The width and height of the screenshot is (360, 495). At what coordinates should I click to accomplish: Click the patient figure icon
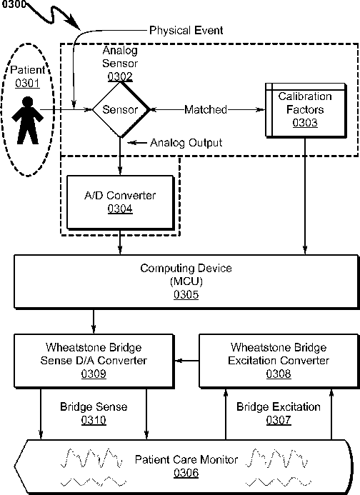click(27, 121)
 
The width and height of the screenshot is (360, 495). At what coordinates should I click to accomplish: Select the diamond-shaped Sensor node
click(120, 109)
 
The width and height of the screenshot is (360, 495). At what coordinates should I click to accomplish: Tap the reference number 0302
click(120, 76)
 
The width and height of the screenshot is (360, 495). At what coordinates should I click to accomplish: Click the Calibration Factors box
click(306, 110)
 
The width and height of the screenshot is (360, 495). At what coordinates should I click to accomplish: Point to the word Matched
click(206, 109)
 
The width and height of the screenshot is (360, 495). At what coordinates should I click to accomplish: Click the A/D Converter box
click(120, 202)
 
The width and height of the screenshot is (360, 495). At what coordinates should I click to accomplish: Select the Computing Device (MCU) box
click(186, 281)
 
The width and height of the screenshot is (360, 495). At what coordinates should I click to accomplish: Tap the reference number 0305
click(186, 294)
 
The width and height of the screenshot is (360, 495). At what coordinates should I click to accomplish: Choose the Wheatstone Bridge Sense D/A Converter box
click(94, 361)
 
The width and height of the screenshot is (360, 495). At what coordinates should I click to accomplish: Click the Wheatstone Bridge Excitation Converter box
click(279, 361)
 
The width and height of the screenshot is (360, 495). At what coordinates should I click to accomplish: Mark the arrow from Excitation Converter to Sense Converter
click(186, 361)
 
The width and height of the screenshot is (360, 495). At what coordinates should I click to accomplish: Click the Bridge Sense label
click(94, 406)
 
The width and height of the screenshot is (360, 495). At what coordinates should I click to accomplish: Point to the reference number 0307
click(279, 420)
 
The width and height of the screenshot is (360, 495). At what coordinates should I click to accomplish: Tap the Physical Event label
click(186, 30)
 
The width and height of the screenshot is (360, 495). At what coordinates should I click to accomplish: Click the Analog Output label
click(186, 143)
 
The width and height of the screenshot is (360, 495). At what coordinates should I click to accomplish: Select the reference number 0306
click(186, 473)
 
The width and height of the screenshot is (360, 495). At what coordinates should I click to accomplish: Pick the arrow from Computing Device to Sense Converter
click(94, 321)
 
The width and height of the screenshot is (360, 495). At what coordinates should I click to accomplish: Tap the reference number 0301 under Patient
click(27, 84)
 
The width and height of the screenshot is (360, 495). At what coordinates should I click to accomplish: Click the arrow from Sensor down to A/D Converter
click(120, 156)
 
